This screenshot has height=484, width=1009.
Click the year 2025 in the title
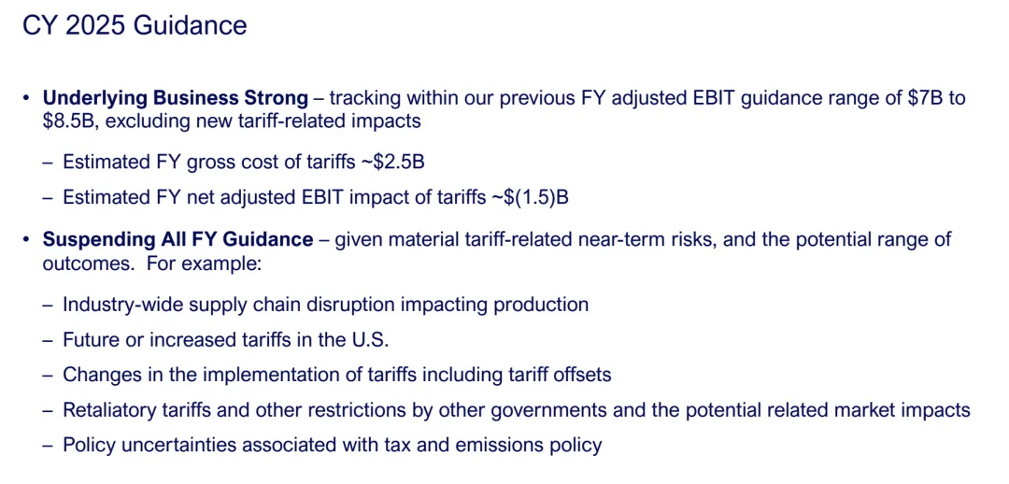[x=88, y=26]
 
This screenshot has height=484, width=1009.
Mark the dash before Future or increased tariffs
[x=49, y=340]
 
